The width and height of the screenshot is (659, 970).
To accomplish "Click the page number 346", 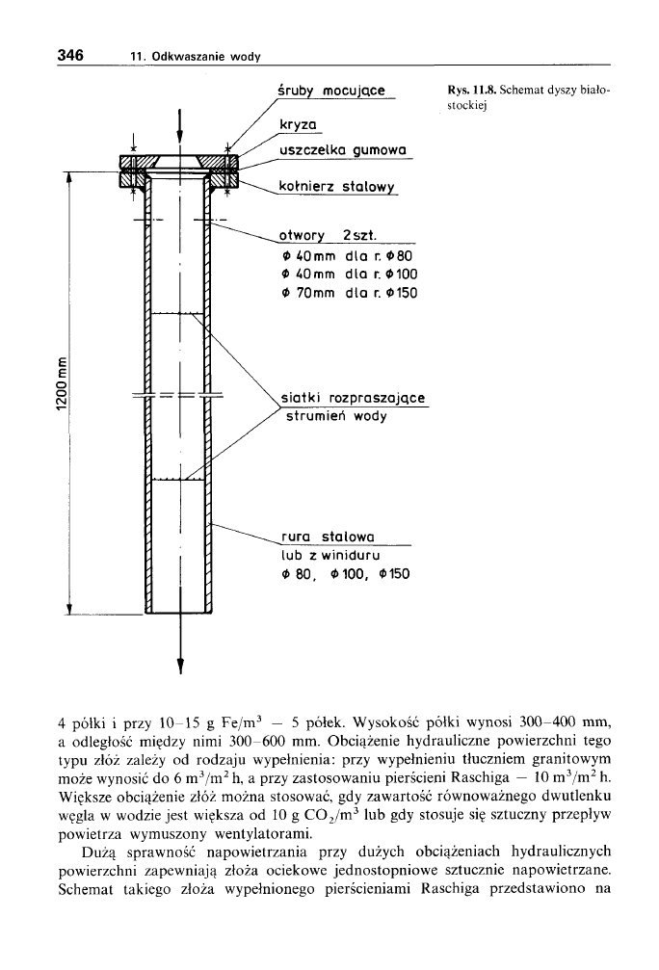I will [68, 55].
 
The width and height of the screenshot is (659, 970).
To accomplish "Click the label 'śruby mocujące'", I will [330, 91].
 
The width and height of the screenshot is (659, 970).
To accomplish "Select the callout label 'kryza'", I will [299, 126].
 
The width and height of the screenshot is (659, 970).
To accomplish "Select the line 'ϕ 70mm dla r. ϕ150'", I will [348, 293].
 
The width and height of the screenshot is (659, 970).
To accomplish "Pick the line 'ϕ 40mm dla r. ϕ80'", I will [344, 257].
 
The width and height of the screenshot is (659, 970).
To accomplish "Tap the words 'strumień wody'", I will [334, 416].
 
